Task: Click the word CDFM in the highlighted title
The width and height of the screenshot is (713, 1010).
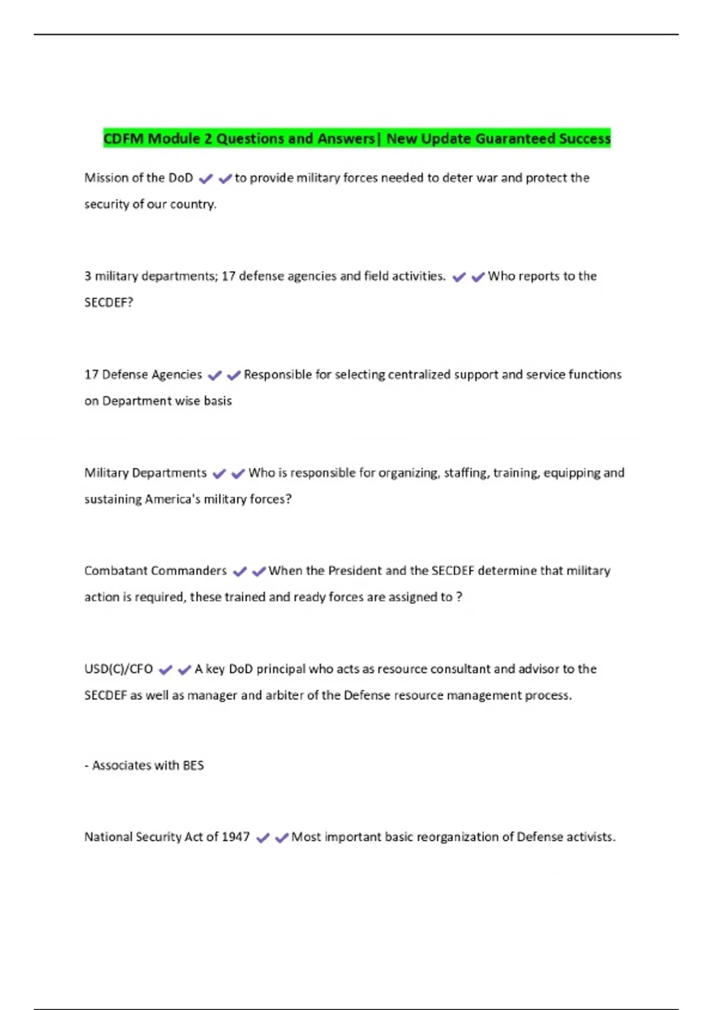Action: [124, 139]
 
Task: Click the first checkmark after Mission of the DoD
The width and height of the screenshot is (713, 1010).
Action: [206, 179]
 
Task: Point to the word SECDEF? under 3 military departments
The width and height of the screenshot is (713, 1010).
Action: [109, 302]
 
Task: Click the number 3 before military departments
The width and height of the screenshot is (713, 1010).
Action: [88, 276]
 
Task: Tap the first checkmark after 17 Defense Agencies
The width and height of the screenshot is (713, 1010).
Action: [214, 375]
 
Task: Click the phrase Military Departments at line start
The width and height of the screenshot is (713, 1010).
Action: [146, 473]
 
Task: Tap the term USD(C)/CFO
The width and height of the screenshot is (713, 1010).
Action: [119, 669]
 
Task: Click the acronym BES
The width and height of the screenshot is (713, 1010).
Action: [193, 765]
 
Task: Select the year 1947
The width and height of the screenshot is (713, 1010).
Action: [235, 837]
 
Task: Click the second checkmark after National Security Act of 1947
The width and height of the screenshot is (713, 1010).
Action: [282, 838]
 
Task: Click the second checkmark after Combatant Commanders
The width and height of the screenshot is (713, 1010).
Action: [258, 572]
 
